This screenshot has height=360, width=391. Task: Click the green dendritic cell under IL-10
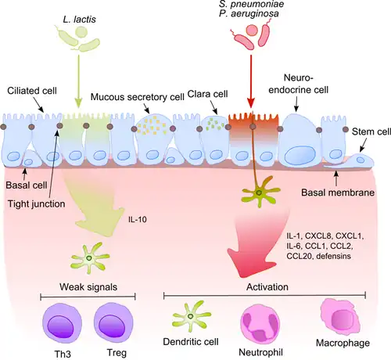click(91, 255)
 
